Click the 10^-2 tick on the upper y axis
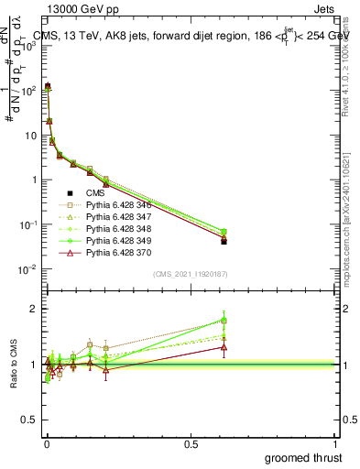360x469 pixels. click(28, 269)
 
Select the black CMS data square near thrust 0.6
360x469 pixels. click(224, 242)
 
